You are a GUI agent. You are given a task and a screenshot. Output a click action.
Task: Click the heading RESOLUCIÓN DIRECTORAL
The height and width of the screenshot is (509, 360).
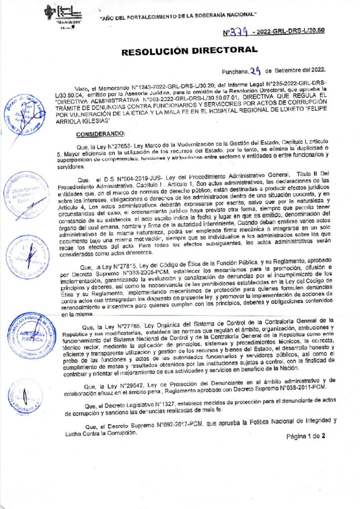coord(190,50)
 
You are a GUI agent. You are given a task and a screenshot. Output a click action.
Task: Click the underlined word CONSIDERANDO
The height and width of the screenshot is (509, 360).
coord(101,134)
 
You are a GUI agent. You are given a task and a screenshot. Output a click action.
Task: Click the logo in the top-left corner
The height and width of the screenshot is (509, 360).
coord(63,15)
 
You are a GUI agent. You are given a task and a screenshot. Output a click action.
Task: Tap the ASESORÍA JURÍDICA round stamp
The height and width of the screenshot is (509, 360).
coord(31,336)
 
